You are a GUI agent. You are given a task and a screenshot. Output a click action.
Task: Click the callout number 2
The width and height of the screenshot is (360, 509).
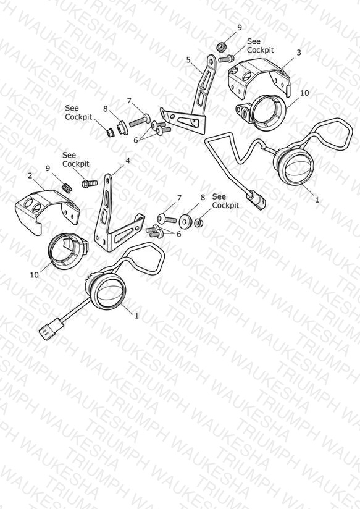(x=30, y=176)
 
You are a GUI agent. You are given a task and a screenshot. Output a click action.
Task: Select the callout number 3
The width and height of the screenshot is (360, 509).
(x=299, y=53)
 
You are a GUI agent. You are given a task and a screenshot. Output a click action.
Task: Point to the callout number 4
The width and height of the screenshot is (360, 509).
(x=128, y=161)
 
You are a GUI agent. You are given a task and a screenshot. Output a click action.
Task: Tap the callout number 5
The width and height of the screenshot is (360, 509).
(x=188, y=60)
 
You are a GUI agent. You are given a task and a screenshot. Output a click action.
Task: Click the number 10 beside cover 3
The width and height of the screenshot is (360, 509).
(x=304, y=93)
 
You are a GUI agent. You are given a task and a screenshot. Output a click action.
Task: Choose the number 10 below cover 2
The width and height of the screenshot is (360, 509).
(x=34, y=275)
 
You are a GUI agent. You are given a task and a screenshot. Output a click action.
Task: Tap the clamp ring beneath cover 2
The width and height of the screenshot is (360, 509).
(x=67, y=251)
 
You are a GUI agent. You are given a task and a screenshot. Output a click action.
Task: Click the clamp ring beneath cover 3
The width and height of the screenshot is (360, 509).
(x=262, y=112)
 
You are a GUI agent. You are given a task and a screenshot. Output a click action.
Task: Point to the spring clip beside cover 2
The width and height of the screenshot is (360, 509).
(x=67, y=187)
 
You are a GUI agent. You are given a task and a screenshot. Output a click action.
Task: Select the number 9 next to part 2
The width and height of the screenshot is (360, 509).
(x=48, y=168)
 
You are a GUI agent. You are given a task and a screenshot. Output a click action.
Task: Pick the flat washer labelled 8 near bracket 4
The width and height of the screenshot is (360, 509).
(x=186, y=220)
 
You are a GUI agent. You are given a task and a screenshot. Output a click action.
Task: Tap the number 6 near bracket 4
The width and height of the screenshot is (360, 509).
(x=178, y=233)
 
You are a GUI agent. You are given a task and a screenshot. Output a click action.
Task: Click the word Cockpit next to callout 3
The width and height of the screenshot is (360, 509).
(x=261, y=50)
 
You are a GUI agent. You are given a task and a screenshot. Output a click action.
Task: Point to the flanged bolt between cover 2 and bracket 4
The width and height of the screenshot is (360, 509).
(x=90, y=184)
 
